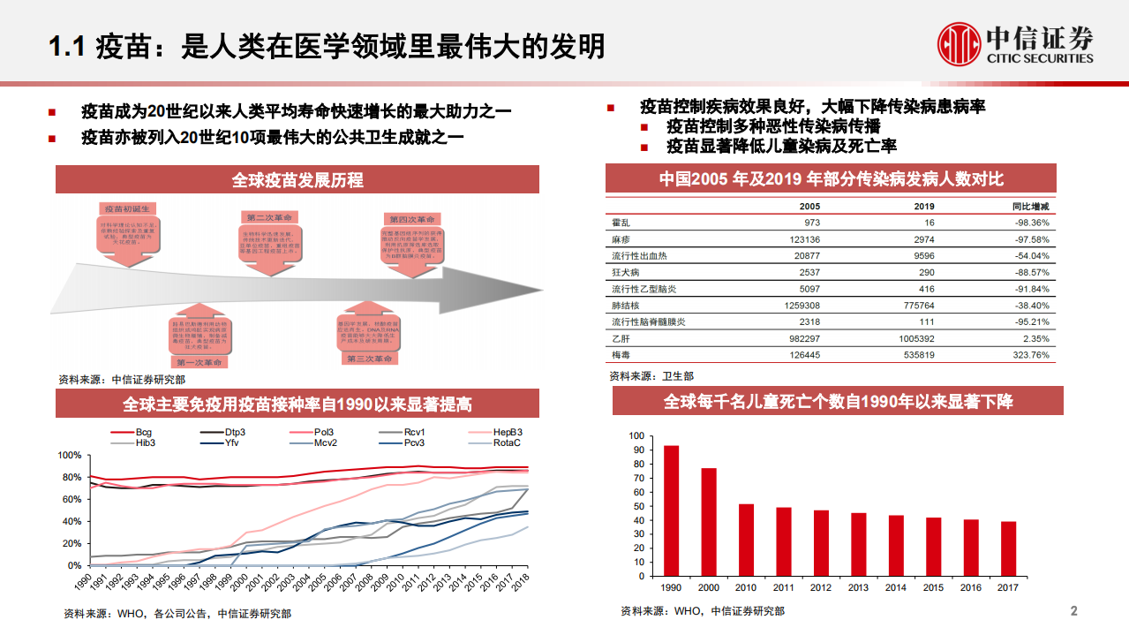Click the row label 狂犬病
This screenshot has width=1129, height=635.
627,272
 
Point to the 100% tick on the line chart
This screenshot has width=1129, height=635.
69,456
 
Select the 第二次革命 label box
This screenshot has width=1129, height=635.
267,217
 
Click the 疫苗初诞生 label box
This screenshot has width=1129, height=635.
126,208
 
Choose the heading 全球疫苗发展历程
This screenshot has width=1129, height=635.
297,180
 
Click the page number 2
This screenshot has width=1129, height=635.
1073,611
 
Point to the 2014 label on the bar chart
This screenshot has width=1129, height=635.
895,586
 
